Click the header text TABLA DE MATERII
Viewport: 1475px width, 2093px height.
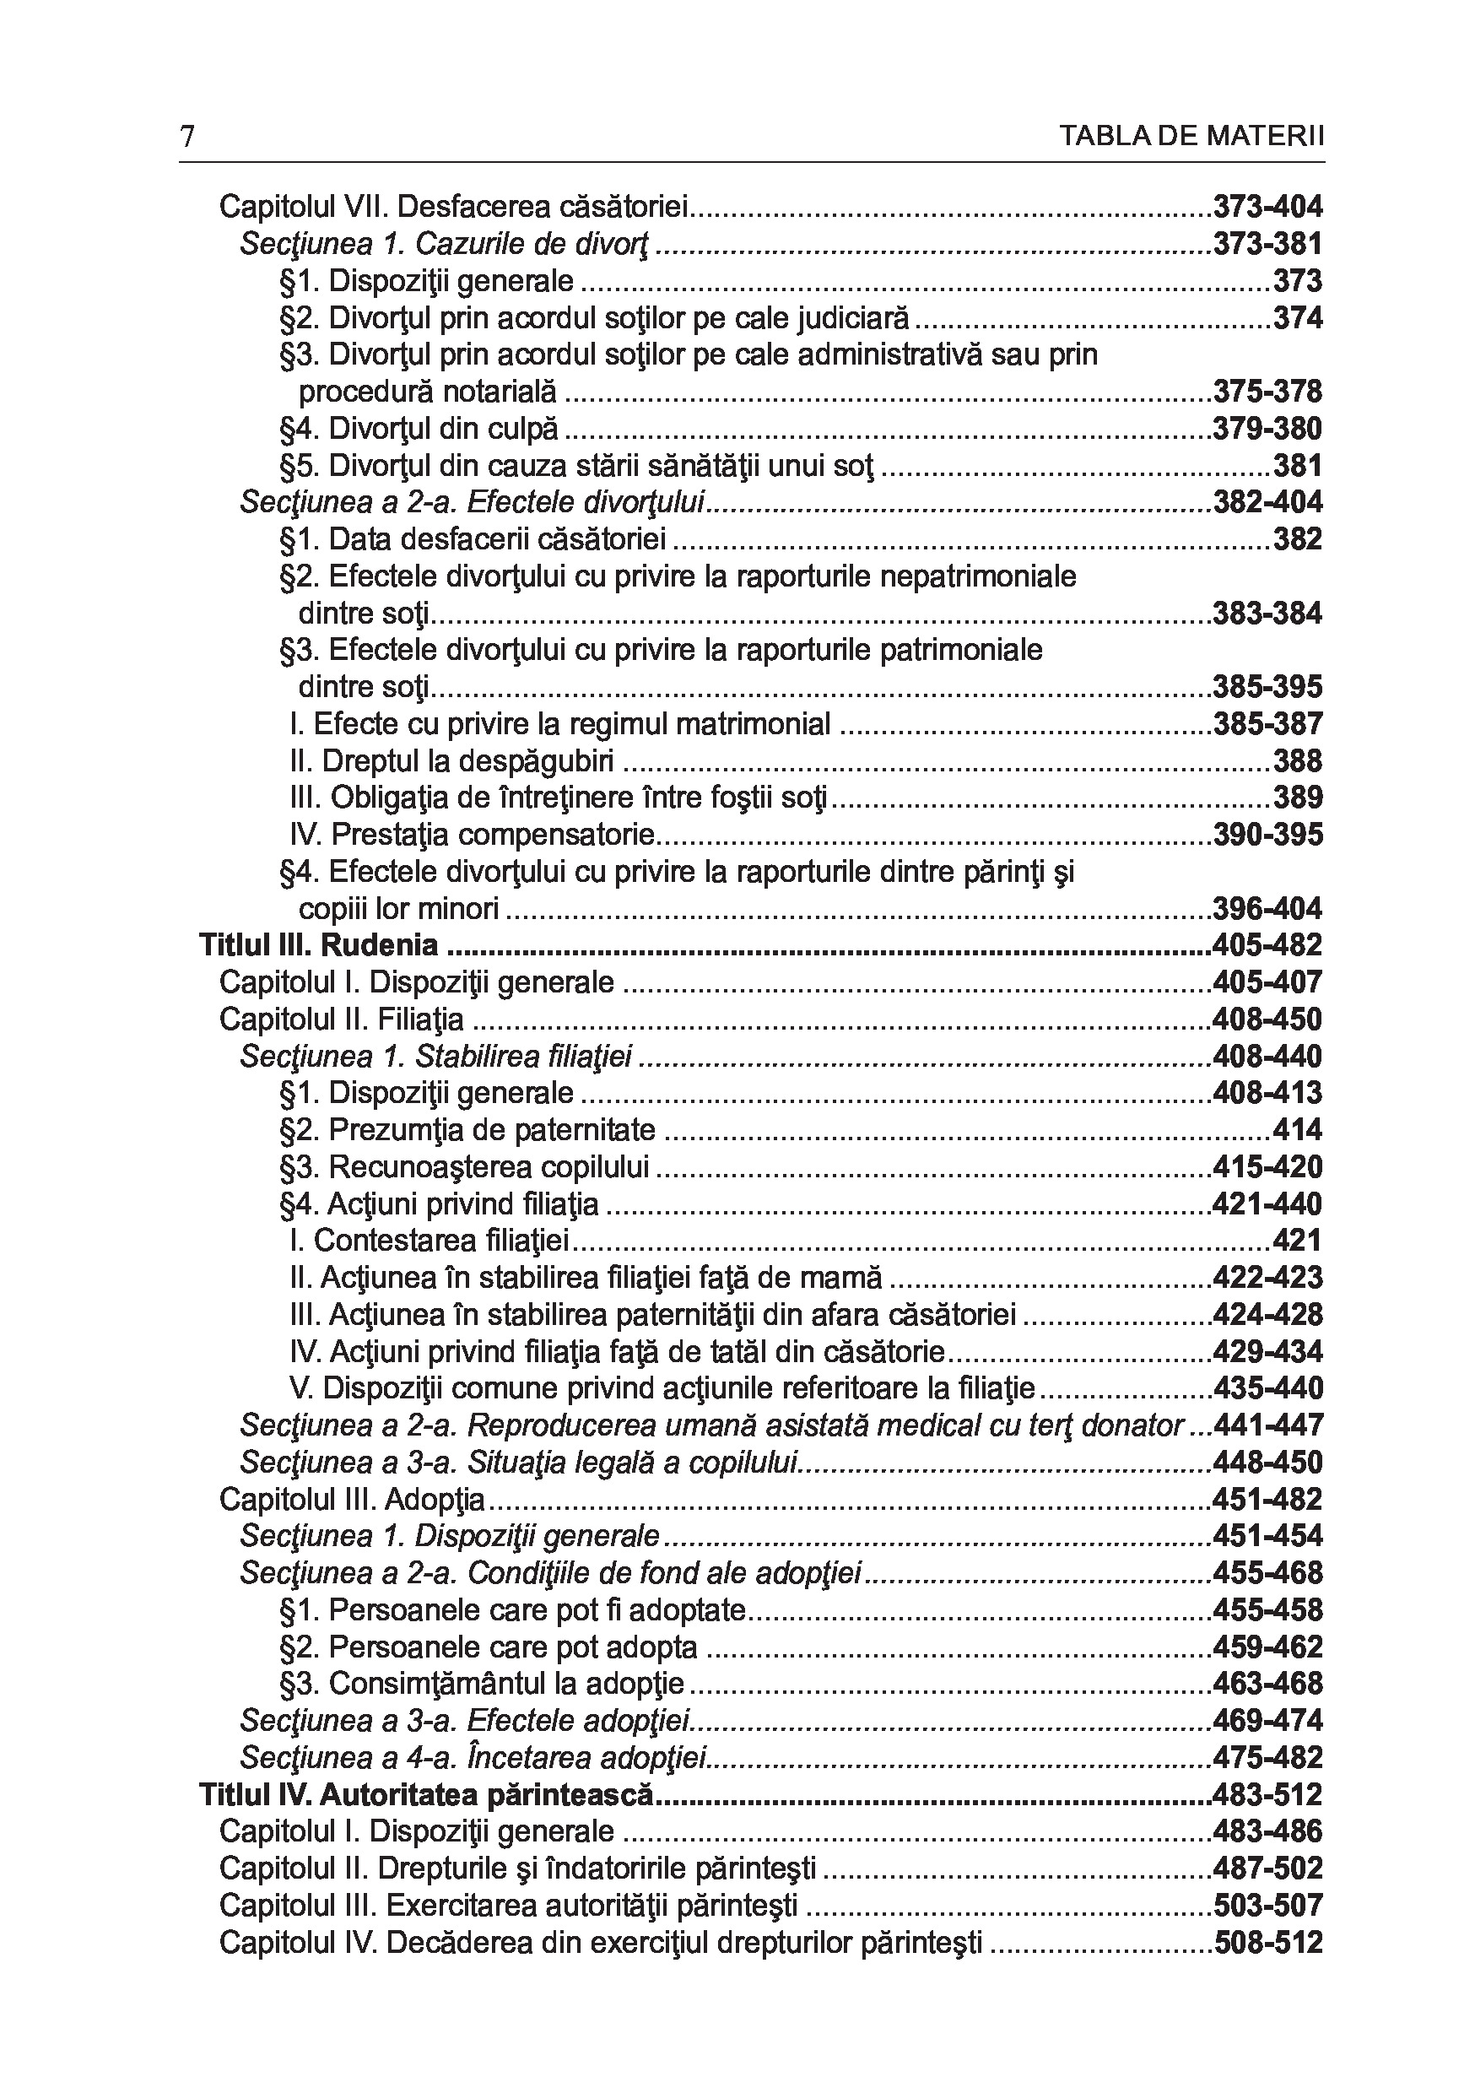pos(1191,137)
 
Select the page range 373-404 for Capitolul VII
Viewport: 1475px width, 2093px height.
pos(1267,207)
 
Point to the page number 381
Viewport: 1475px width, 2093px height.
pos(1297,466)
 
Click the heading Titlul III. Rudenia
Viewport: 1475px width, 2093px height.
pos(318,945)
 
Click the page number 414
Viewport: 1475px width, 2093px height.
pos(1297,1130)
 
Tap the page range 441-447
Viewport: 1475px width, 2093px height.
pos(1267,1425)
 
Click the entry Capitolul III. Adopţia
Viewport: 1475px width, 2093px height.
pos(352,1500)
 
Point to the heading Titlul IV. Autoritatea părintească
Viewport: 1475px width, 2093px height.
pos(427,1795)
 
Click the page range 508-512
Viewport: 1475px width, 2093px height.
pos(1267,1943)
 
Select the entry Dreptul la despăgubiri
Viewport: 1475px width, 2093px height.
pos(451,761)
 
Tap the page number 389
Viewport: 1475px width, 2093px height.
pos(1297,798)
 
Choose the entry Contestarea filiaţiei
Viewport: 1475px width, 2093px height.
pos(429,1241)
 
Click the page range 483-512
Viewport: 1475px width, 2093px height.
pos(1267,1795)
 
